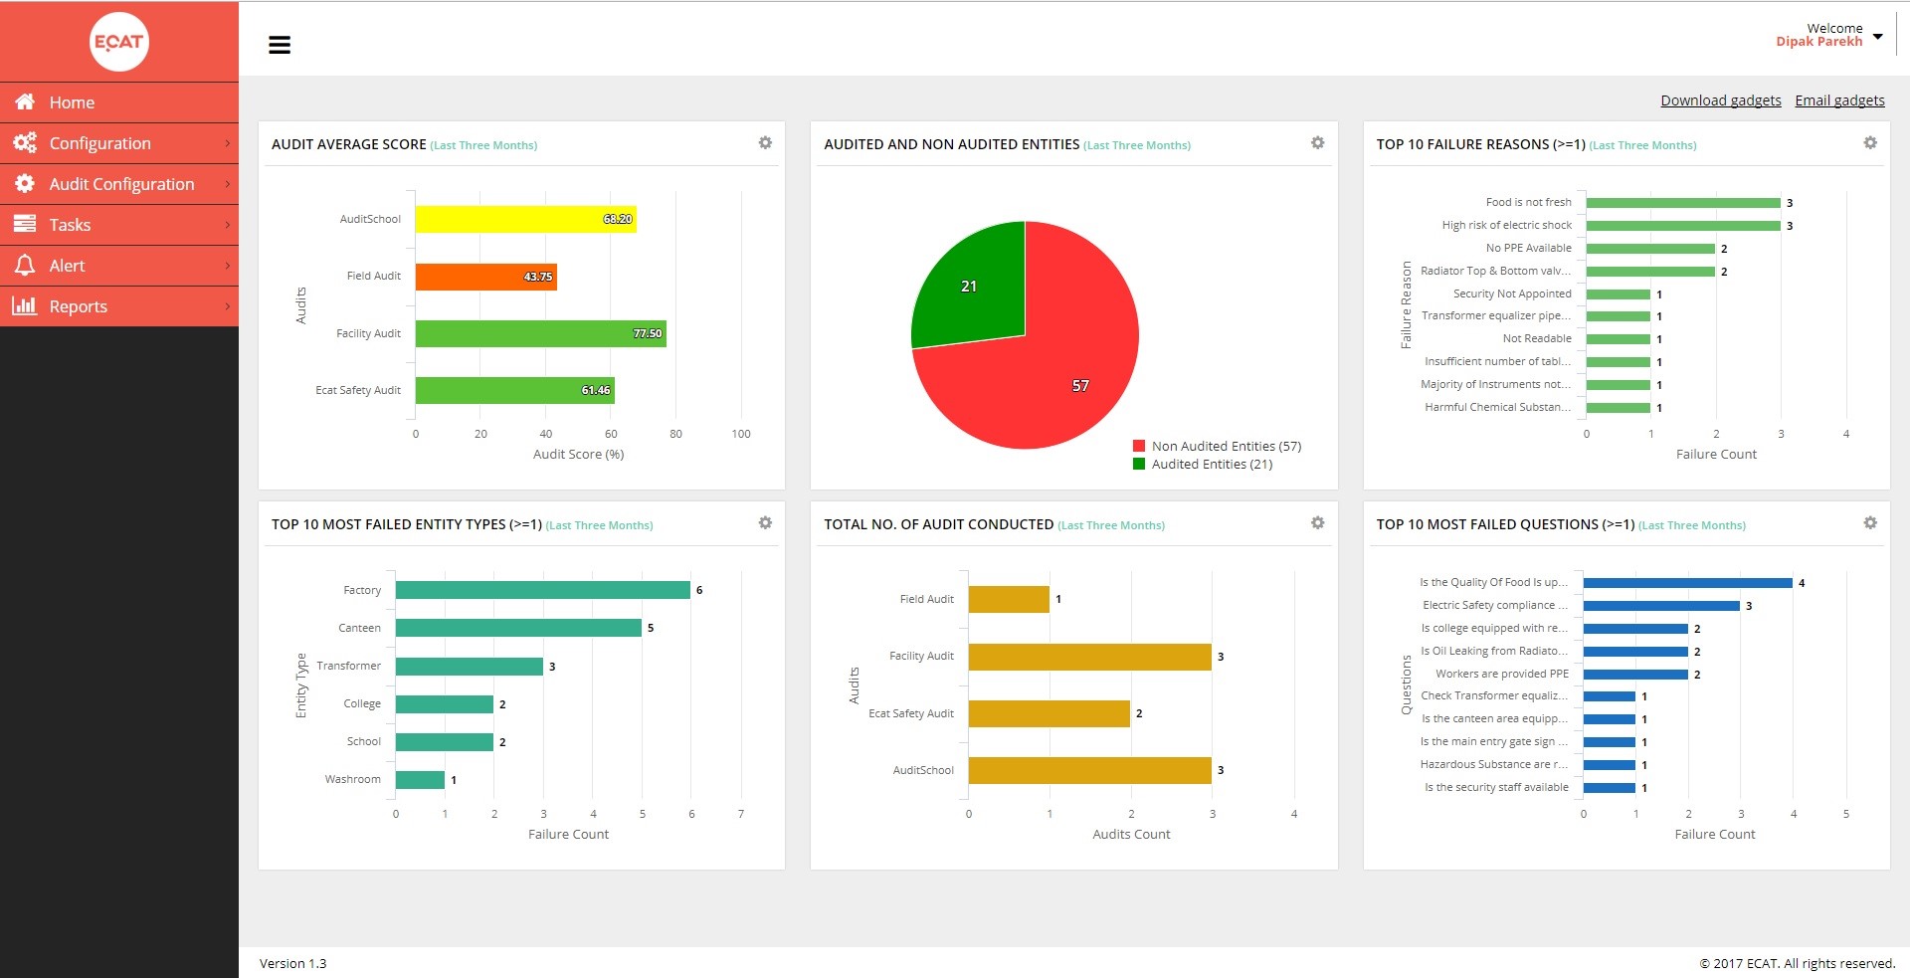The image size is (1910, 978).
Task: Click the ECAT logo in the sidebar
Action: tap(119, 42)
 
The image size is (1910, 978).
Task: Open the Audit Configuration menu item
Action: tap(121, 184)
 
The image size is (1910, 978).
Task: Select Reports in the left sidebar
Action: tap(78, 306)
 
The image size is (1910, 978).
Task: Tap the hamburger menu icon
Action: tap(280, 45)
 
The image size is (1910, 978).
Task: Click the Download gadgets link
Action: tap(1720, 100)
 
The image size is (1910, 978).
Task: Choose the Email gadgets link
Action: tap(1839, 100)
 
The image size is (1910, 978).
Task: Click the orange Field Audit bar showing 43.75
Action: tap(485, 277)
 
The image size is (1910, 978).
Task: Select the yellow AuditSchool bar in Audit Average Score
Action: tap(525, 219)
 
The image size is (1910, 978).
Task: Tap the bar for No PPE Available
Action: tap(1649, 249)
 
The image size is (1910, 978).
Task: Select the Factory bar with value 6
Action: tap(542, 590)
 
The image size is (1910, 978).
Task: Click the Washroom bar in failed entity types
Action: tap(420, 780)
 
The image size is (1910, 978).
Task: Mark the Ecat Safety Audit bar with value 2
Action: tap(1049, 713)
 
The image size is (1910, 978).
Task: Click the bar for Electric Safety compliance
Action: tap(1660, 606)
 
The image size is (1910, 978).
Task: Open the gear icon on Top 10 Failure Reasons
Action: tap(1869, 143)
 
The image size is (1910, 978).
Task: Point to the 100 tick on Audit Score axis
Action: tap(741, 434)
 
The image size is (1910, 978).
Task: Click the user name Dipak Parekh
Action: tap(1818, 42)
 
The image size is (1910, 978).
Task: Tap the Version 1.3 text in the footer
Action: tap(292, 963)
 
